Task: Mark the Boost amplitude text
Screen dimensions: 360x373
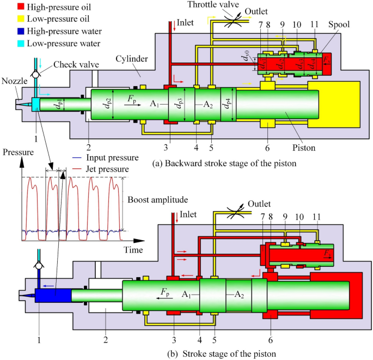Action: (x=155, y=199)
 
